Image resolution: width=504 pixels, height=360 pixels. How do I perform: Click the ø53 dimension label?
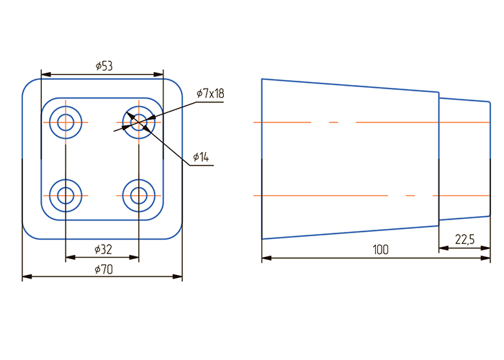104,66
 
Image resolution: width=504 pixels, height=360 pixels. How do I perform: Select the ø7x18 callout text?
210,94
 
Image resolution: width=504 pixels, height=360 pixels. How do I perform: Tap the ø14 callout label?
201,157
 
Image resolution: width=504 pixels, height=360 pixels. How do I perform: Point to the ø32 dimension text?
103,249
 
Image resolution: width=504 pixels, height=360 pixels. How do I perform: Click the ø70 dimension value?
104,269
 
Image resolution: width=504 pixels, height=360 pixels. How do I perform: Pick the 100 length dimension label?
381,250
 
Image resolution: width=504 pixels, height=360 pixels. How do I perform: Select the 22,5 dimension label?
464,240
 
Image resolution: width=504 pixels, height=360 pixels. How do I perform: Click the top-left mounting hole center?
66,122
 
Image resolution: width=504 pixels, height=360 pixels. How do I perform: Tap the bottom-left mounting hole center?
66,195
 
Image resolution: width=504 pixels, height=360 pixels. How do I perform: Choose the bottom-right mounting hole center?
139,195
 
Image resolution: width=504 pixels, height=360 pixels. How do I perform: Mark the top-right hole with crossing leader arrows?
139,122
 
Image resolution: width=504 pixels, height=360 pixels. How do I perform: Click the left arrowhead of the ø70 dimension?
27,276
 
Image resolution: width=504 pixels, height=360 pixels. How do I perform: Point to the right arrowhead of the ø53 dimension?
158,75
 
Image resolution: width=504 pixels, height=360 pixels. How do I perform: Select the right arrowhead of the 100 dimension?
485,258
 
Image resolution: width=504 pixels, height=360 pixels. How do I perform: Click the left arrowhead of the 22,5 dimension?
444,248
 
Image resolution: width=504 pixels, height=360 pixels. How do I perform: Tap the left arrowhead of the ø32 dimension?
71,257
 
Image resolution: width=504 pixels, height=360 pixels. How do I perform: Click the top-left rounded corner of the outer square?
27,84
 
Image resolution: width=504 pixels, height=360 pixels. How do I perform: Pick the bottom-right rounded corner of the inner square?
158,215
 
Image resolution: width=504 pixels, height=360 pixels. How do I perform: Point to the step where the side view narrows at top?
439,95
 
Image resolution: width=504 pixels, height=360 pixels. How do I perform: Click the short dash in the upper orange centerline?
333,122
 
